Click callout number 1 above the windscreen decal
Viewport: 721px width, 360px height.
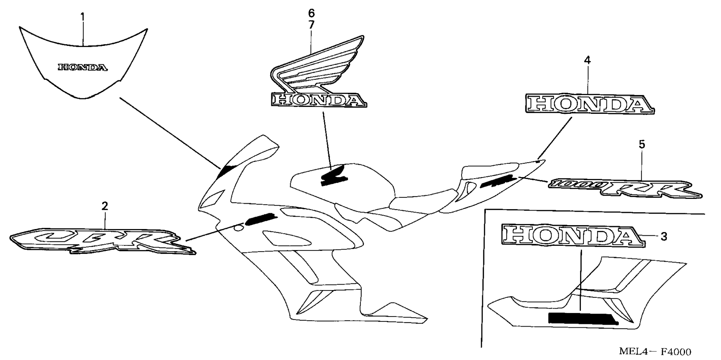coord(83,17)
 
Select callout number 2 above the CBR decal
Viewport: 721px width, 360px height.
coord(105,206)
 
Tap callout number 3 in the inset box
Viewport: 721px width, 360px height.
coord(664,236)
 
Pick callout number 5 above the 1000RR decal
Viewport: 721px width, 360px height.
coord(642,144)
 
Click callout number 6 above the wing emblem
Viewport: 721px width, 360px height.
coord(311,14)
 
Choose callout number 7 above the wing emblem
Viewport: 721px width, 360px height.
coord(311,25)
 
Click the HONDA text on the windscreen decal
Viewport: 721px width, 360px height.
coord(83,68)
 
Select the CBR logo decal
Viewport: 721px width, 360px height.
coord(102,240)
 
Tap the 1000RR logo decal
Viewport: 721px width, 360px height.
coord(624,188)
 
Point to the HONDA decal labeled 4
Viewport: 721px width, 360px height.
coord(589,104)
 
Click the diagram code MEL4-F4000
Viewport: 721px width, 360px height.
coord(655,352)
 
